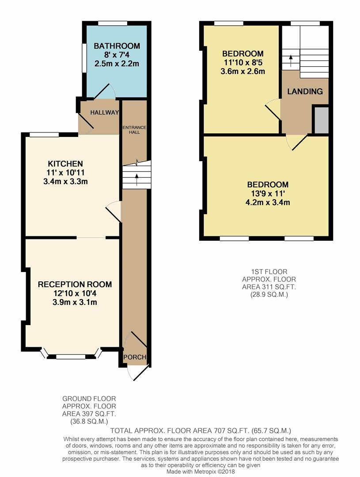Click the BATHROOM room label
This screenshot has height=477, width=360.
(117, 46)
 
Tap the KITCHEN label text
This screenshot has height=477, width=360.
(65, 164)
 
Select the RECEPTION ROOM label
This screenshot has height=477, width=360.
(75, 284)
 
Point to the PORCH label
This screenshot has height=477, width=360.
(135, 357)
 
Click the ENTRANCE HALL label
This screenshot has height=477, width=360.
(134, 130)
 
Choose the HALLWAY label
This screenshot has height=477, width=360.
(104, 113)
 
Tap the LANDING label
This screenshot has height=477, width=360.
(305, 91)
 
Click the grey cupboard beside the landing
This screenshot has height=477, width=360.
(322, 120)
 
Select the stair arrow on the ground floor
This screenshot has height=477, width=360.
(136, 179)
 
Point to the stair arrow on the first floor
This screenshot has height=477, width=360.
(291, 61)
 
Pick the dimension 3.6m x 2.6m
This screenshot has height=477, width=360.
(243, 72)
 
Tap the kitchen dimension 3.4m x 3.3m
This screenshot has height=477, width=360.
(65, 182)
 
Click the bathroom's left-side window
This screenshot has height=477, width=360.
(83, 58)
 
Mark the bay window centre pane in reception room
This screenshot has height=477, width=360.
(71, 356)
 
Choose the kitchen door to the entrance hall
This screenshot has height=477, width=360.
(114, 211)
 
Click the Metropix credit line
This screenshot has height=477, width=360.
(201, 472)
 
